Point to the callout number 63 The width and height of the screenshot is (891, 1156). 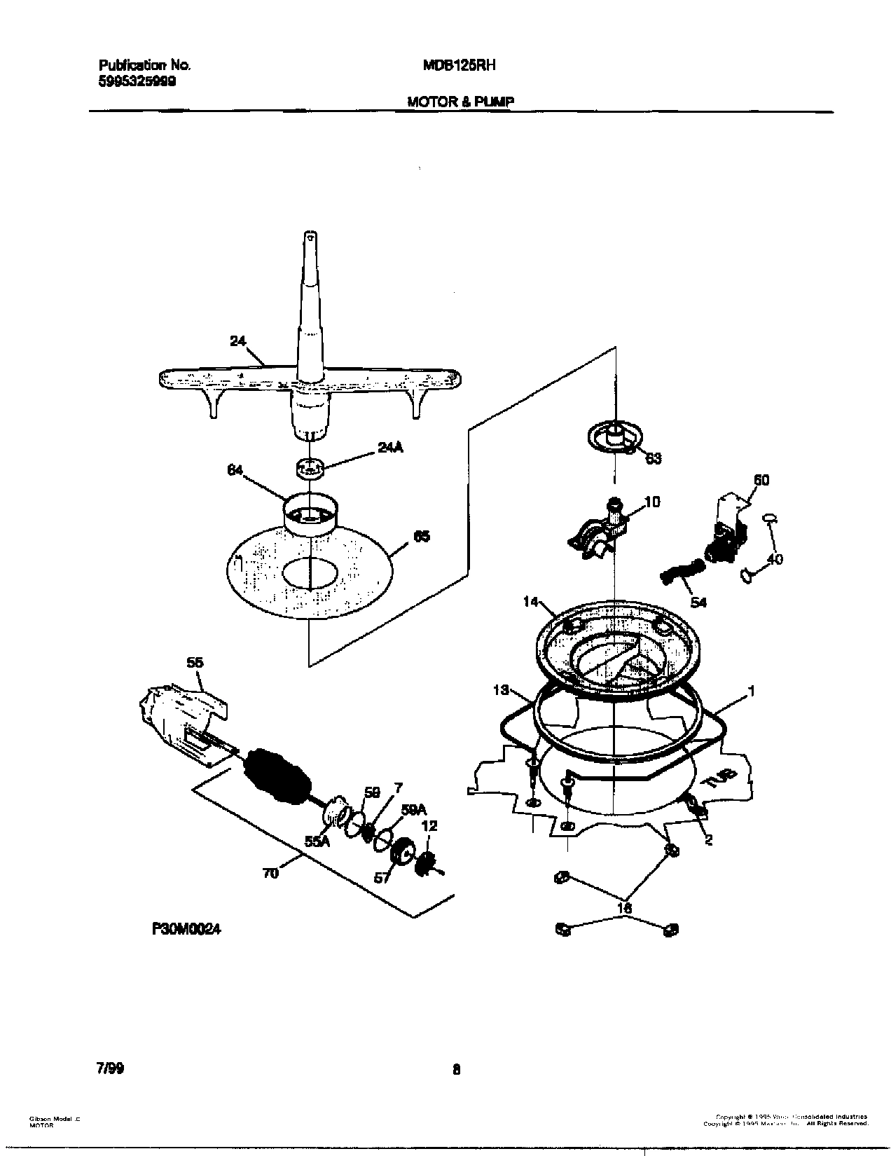click(653, 459)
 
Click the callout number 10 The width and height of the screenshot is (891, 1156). click(651, 502)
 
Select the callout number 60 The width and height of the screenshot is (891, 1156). click(761, 480)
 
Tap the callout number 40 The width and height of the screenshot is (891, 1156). click(775, 559)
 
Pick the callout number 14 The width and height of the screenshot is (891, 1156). click(531, 601)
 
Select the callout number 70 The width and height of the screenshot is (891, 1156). click(270, 874)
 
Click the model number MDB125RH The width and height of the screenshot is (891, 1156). click(460, 65)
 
